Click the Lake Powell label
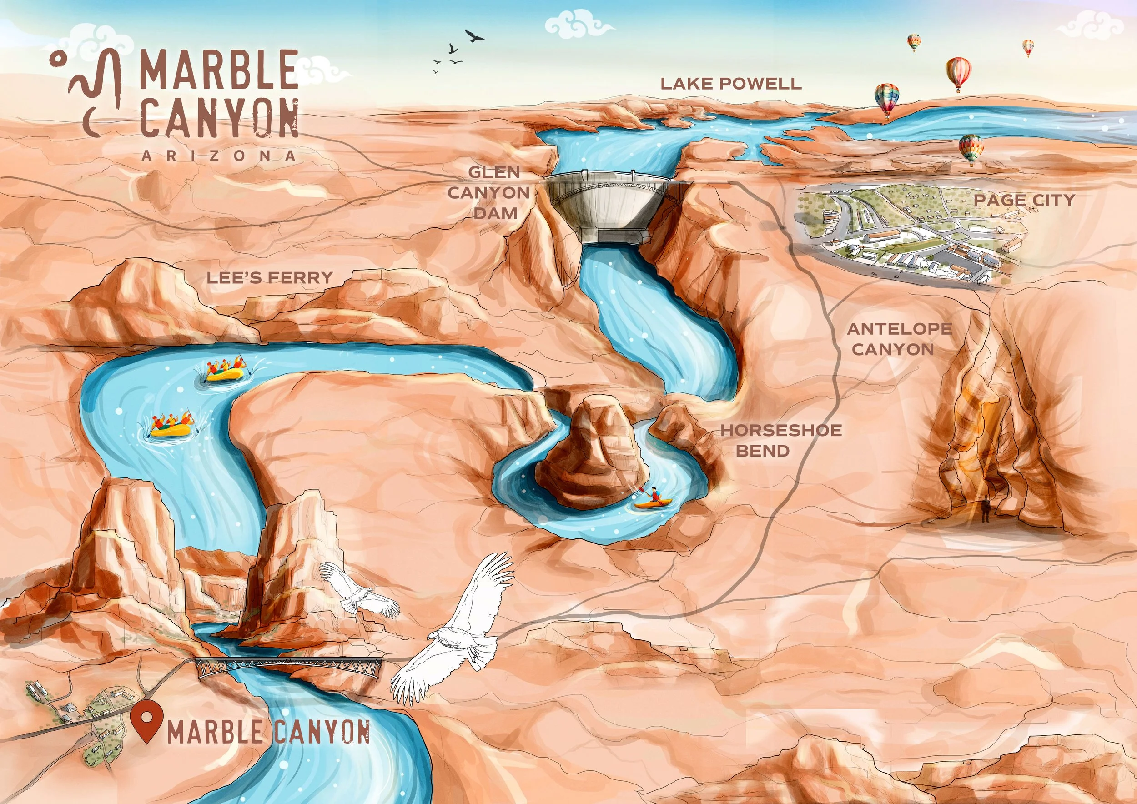point(731,84)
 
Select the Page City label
point(1024,200)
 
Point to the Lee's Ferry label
point(270,278)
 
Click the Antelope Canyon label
point(899,339)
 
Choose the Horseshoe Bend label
point(780,440)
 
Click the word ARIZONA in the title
point(218,156)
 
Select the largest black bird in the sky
point(474,35)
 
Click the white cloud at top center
point(579,25)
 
